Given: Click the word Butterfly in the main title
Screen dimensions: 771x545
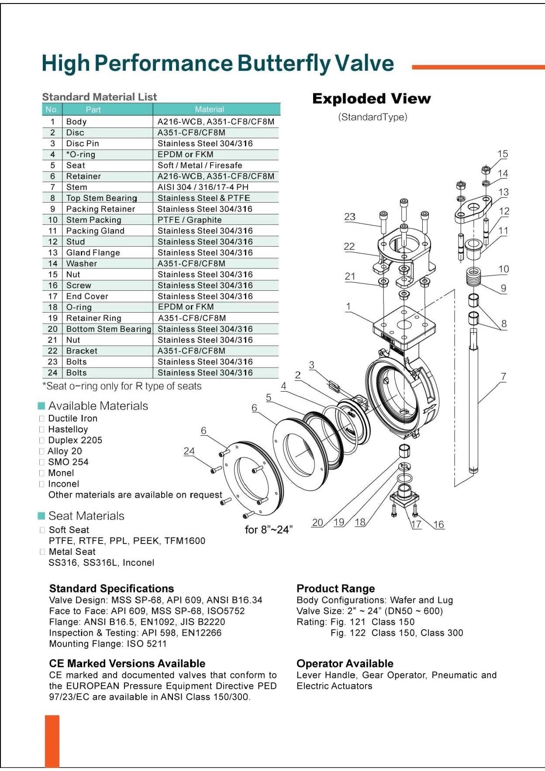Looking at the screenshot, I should [285, 63].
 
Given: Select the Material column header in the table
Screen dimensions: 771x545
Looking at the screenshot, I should [209, 110].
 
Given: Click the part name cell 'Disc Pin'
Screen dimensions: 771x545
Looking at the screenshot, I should [83, 144].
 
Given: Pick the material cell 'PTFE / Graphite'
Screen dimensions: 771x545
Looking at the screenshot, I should [190, 220].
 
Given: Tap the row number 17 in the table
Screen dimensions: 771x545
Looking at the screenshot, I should [53, 296].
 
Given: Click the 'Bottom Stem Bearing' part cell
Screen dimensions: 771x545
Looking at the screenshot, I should [108, 329].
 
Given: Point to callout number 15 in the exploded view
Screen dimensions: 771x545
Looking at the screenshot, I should [503, 154].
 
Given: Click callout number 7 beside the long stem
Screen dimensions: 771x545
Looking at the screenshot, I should [503, 376].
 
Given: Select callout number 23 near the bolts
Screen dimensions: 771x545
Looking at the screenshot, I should [350, 217].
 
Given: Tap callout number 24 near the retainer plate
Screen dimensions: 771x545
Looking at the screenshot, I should [189, 451].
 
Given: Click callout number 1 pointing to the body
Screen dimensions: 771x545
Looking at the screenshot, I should [348, 306].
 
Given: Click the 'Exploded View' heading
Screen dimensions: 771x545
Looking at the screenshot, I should [371, 99].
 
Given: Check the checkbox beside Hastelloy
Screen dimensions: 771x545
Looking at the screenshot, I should [42, 430].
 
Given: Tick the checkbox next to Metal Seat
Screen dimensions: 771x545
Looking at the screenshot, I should [42, 552].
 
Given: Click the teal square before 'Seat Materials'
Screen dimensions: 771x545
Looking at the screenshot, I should [41, 516].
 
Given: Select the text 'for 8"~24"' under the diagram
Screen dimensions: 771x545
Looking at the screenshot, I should [269, 530].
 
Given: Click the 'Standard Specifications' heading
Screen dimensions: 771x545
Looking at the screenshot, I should [111, 589].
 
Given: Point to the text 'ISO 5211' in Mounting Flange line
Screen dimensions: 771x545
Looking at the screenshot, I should [147, 644].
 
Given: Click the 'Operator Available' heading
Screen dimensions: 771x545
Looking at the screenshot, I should [345, 664].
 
